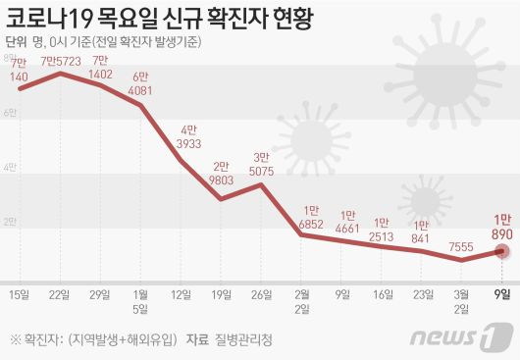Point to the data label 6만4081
click(141, 85)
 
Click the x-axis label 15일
click(19, 292)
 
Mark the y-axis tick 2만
click(8, 222)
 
